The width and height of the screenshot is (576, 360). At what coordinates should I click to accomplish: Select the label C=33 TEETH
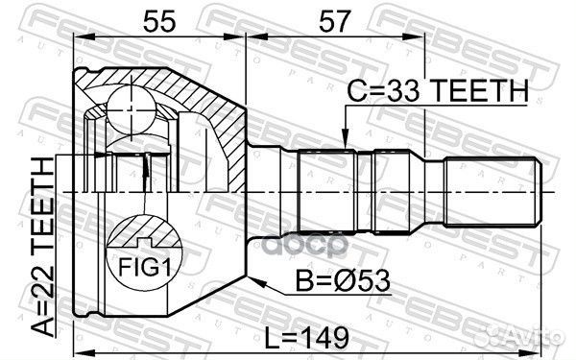438,91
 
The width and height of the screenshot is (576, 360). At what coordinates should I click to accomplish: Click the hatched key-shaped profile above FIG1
143,235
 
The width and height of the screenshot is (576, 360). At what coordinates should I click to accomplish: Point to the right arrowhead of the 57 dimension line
420,36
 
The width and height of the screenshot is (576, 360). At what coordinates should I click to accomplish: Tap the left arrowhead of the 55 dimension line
81,36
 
